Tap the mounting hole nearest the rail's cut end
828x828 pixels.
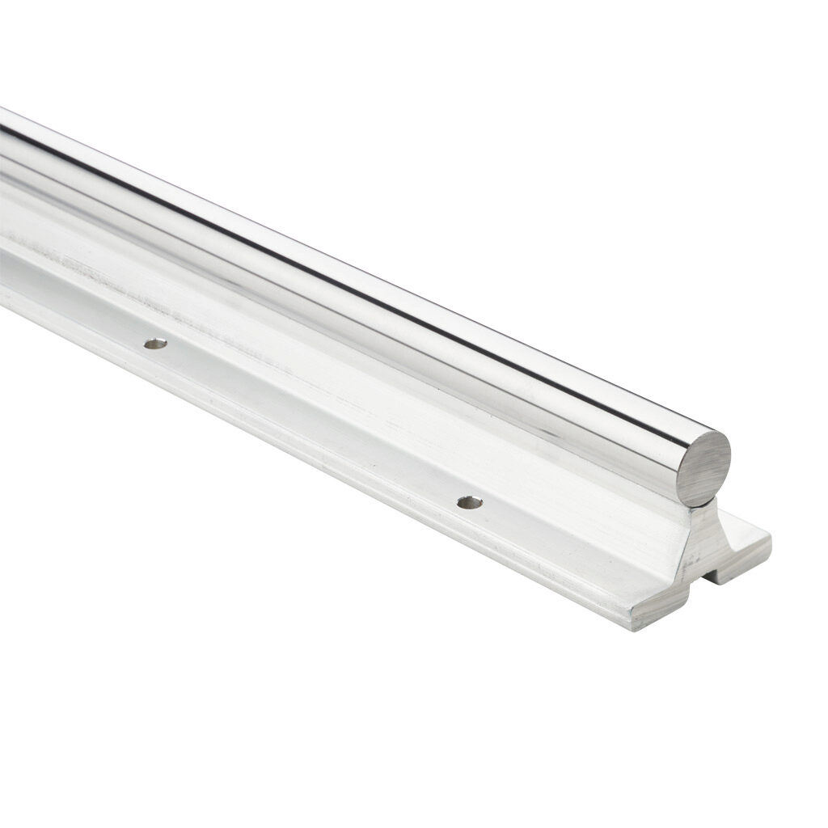pyautogui.click(x=469, y=502)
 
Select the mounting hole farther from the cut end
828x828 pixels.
pyautogui.click(x=155, y=344)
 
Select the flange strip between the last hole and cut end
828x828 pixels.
pyautogui.click(x=566, y=550)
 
